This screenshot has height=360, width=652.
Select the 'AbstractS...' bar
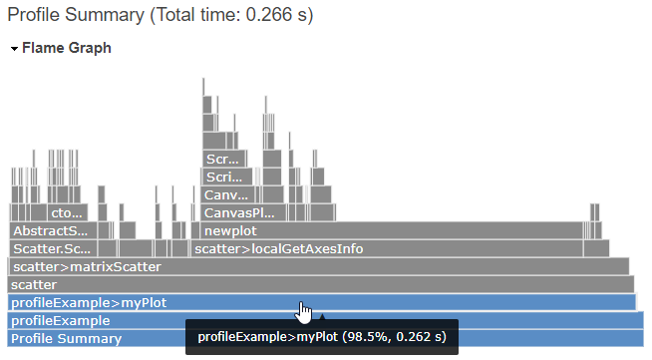coord(51,231)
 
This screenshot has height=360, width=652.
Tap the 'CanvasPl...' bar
coord(238,213)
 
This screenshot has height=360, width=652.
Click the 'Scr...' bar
coord(222,160)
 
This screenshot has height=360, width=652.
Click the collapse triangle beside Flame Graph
coord(14,48)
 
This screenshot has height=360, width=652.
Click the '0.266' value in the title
coord(264,14)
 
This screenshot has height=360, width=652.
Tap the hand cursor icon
coord(304,313)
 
